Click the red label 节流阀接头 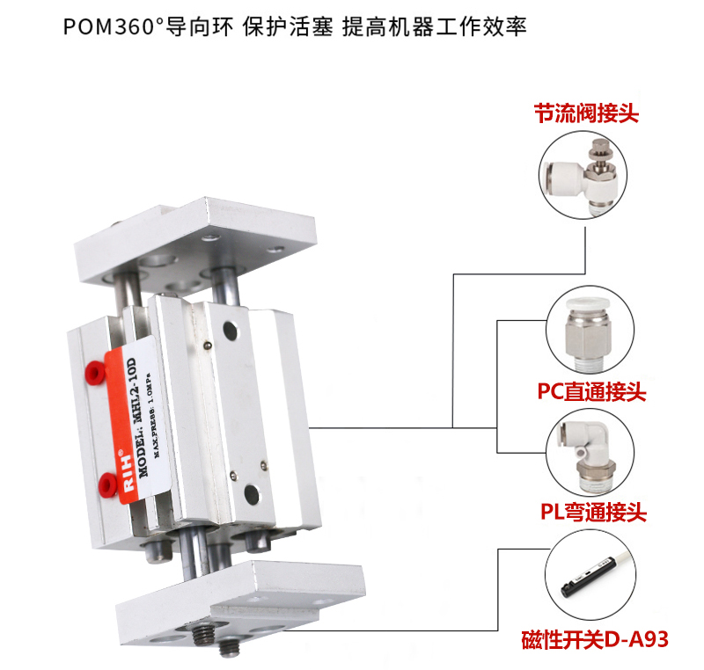click(x=586, y=113)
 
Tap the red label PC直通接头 click(x=591, y=391)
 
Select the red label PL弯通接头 click(x=593, y=512)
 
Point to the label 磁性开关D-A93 click(x=595, y=639)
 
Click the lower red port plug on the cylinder click(x=108, y=484)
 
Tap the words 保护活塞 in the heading click(x=289, y=27)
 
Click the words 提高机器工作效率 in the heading click(x=434, y=27)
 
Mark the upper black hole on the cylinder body click(x=230, y=331)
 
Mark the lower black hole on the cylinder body click(x=252, y=494)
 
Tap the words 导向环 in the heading click(x=200, y=27)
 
